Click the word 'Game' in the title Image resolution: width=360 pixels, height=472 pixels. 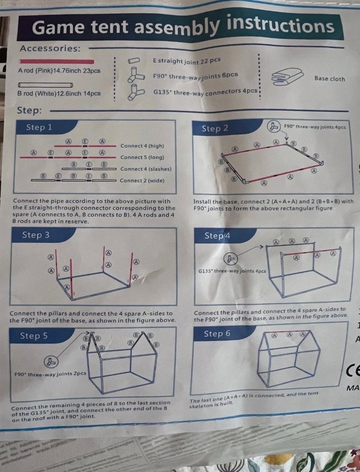click(59, 27)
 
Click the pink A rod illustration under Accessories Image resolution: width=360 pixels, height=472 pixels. click(57, 61)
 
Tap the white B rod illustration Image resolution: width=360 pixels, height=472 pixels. click(46, 84)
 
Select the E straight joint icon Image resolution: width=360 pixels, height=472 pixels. click(134, 60)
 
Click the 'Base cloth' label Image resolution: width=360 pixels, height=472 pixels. click(330, 79)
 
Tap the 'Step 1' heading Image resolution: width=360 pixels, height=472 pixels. click(39, 127)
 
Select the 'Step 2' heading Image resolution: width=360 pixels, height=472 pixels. click(215, 128)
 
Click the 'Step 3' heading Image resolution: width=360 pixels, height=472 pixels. click(36, 235)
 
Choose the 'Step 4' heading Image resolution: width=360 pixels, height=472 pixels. click(217, 235)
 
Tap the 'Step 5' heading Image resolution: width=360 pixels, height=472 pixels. click(34, 336)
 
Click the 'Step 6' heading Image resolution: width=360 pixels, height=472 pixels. click(217, 334)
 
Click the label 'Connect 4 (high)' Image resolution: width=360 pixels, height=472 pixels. click(142, 146)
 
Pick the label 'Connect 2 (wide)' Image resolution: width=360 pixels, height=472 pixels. click(142, 180)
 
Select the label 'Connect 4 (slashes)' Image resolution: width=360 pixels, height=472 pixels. click(146, 169)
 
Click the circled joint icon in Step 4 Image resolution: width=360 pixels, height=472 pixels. click(231, 259)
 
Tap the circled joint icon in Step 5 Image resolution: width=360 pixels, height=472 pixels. click(51, 362)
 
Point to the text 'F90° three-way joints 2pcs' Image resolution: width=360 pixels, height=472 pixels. click(50, 374)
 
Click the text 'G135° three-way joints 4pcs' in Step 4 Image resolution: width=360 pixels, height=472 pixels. click(232, 271)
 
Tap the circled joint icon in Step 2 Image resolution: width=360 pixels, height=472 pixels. click(273, 126)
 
